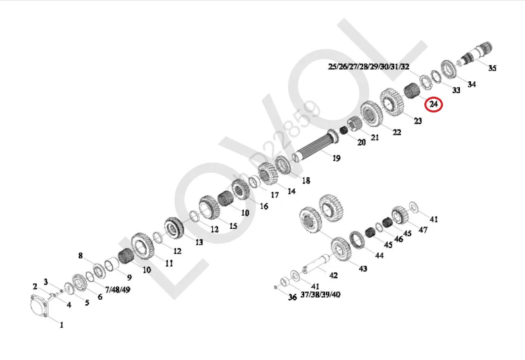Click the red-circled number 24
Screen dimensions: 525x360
point(434,104)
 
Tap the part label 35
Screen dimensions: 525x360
point(492,68)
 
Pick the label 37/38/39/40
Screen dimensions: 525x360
point(320,294)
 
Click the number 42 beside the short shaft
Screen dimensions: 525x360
point(333,275)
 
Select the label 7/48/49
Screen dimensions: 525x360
point(118,290)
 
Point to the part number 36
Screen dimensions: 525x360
point(292,297)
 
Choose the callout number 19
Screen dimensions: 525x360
point(336,158)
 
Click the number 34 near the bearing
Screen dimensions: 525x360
point(472,84)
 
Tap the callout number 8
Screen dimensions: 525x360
point(80,256)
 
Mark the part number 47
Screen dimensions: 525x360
point(423,230)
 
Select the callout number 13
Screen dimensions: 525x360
point(199,242)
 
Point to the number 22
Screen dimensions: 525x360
point(397,132)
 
